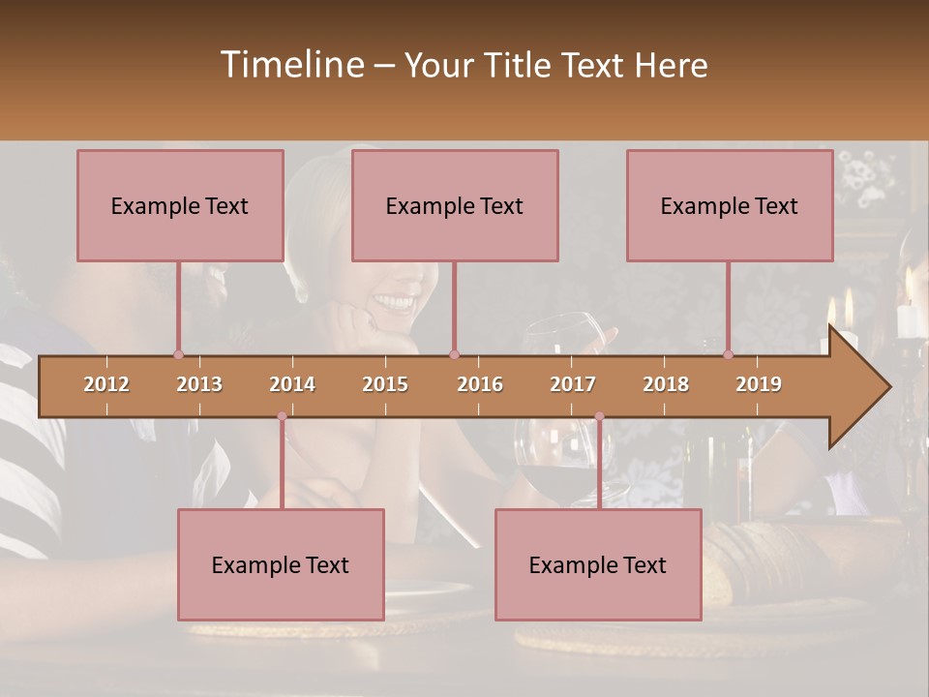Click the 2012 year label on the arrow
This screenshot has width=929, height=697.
click(106, 384)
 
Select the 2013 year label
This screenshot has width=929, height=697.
click(199, 384)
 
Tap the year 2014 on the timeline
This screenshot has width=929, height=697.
click(292, 384)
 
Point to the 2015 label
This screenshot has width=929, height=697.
click(385, 384)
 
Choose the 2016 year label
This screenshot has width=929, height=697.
click(480, 384)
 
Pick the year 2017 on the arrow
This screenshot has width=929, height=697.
click(573, 384)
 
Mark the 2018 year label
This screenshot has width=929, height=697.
click(666, 384)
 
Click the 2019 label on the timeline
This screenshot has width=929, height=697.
click(759, 384)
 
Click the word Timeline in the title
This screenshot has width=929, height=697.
click(290, 65)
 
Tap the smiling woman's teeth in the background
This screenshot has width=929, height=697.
click(393, 302)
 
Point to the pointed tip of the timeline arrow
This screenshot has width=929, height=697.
click(888, 387)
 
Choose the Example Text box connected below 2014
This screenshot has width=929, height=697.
click(281, 564)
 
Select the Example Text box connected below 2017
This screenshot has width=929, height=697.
click(598, 564)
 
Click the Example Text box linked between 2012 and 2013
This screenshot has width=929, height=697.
click(180, 205)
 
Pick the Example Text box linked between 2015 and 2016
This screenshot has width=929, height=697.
click(455, 205)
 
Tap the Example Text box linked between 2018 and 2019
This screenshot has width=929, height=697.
click(730, 205)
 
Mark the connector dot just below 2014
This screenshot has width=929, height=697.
click(282, 416)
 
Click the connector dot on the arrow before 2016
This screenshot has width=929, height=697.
click(454, 354)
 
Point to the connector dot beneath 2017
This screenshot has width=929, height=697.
click(599, 416)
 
